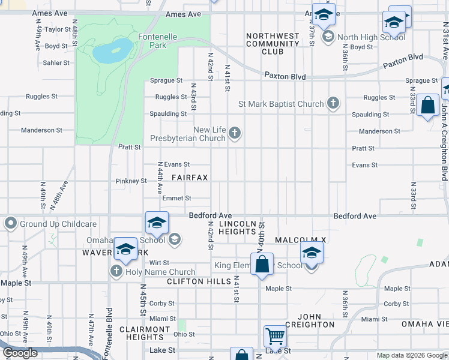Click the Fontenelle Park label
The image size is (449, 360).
coord(158,41)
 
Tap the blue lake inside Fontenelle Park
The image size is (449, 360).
coord(112,50)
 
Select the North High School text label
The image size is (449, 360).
coord(371,37)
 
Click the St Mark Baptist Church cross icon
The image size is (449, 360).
coord(333,104)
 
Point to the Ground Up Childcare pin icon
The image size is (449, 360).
coord(10,224)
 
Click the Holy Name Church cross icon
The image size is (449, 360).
coord(117,272)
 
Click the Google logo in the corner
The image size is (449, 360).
coord(20,353)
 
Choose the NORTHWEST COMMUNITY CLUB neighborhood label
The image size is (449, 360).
coord(273,44)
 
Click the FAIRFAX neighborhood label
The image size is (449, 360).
coord(190,178)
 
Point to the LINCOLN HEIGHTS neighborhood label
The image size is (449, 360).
coord(242,227)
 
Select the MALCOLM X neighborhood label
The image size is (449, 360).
coord(300,240)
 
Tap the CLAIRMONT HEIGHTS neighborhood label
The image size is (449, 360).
coord(145,333)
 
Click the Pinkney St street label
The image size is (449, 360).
coord(131,181)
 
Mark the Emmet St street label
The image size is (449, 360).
coord(176,198)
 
